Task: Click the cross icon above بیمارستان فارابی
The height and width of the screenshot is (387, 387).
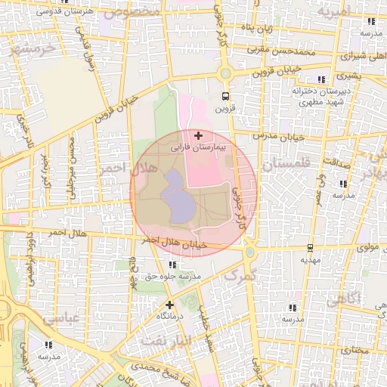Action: coord(198,136)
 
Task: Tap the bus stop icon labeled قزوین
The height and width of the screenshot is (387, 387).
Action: coord(224,96)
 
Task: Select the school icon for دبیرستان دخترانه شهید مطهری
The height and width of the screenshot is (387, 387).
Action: coord(321,79)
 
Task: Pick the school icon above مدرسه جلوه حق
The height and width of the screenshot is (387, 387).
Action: coord(172,265)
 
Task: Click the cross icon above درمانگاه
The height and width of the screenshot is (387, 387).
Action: coord(169,305)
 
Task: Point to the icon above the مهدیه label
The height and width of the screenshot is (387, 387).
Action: coord(310,247)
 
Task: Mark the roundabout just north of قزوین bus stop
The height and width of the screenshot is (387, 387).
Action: coord(224,73)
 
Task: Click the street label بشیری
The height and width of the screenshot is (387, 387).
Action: coord(348,76)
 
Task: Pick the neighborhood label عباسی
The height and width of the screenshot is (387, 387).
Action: coord(61,319)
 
